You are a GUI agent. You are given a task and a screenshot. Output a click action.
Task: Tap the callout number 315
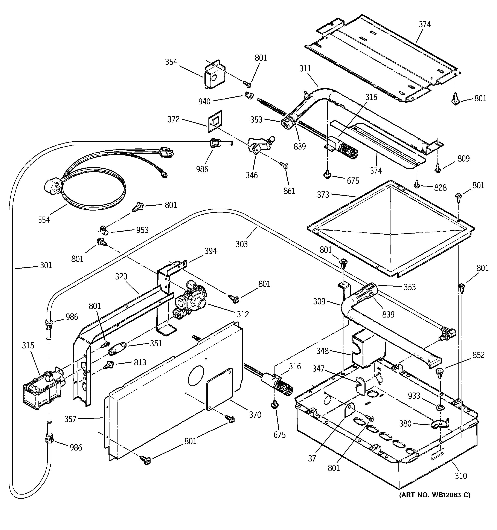click(x=28, y=345)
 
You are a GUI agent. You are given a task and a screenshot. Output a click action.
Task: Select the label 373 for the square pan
click(x=323, y=195)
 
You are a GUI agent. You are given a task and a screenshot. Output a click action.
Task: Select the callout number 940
click(x=204, y=101)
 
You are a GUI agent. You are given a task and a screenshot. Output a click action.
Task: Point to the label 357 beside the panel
click(x=70, y=419)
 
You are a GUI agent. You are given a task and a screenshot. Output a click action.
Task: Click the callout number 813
click(x=140, y=362)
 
